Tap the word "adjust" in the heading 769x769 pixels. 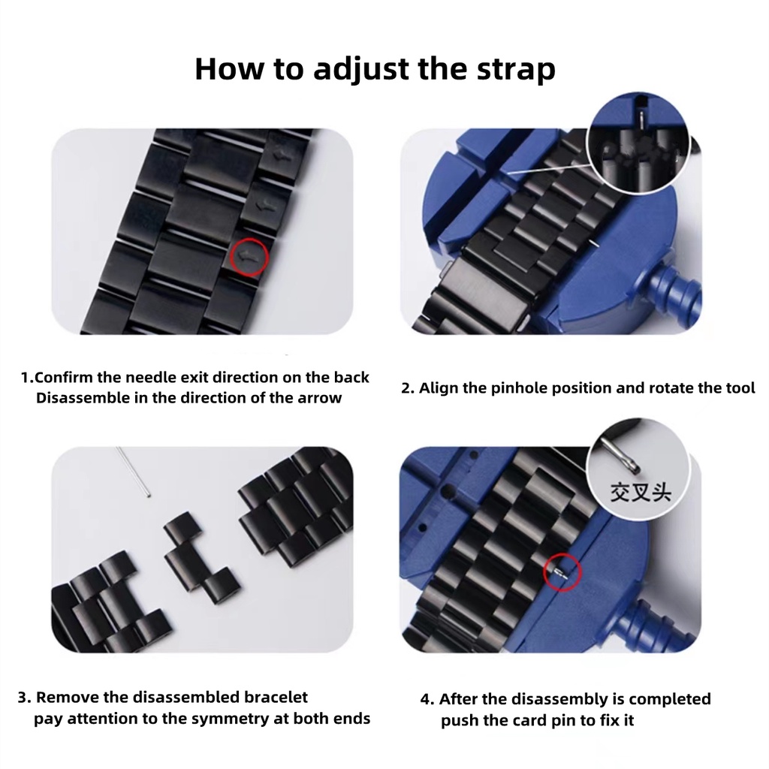[361, 70]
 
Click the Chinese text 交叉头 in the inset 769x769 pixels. [640, 491]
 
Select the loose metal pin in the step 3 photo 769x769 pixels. [133, 472]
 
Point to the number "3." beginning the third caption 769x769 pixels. [25, 698]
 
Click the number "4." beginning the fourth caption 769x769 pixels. [427, 699]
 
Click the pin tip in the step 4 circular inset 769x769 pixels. [635, 469]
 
